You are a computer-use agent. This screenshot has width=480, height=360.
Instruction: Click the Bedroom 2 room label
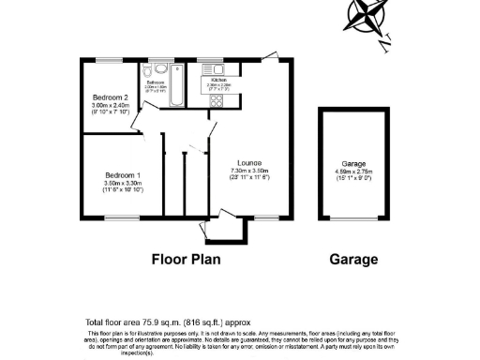point(111,97)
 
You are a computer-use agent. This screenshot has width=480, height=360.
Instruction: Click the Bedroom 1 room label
point(122,175)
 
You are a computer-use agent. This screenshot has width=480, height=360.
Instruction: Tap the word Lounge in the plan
point(249,161)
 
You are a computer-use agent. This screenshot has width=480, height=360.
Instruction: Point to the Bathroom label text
point(156,82)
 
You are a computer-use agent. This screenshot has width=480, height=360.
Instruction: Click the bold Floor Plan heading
point(186,259)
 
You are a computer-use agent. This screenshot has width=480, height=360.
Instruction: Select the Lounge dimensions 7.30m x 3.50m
point(249,170)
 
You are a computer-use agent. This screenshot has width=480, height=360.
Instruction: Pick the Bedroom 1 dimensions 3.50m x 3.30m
point(122,184)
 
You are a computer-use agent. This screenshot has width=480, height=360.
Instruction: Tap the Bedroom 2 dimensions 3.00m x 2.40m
point(111,106)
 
